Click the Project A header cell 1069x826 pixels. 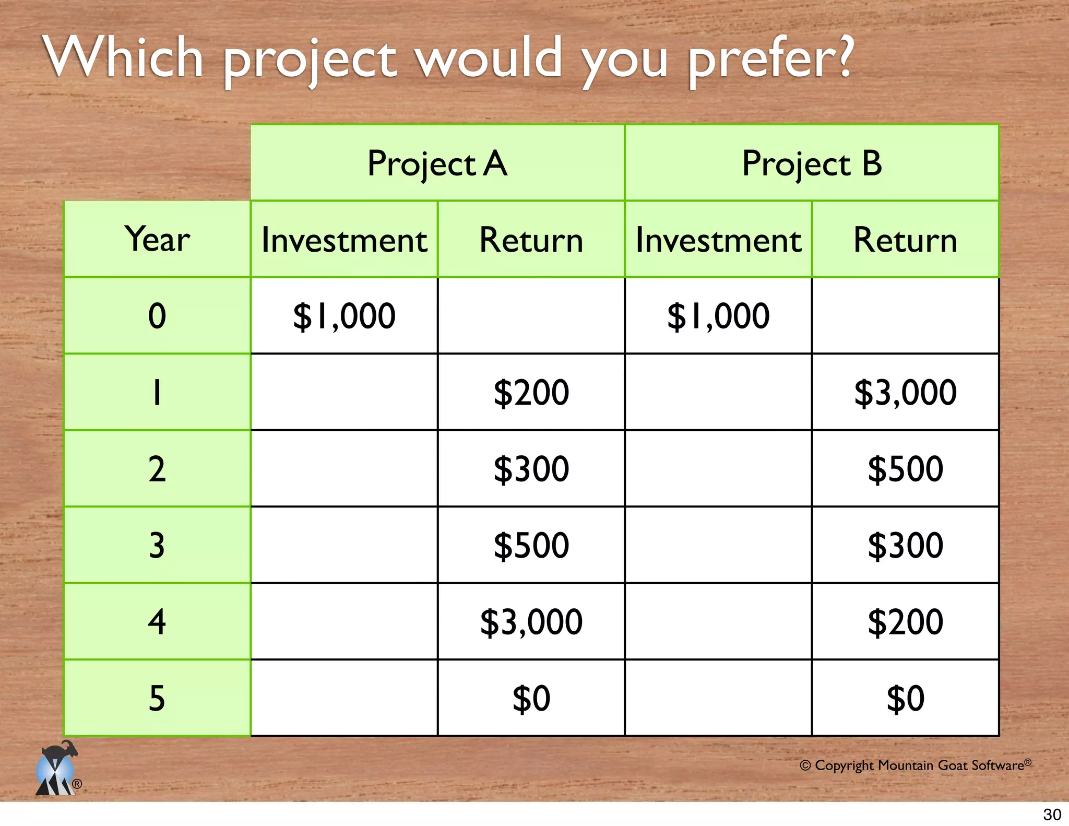click(x=437, y=163)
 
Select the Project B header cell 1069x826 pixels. click(x=812, y=163)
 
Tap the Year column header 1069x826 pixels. click(x=157, y=239)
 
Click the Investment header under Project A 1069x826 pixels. click(x=344, y=240)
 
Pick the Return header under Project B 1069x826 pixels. click(x=905, y=240)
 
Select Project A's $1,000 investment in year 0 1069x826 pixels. click(x=344, y=316)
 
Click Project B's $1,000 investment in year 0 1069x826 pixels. click(x=718, y=316)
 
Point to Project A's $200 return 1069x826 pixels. click(x=531, y=393)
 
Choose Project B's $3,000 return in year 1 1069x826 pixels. click(x=905, y=393)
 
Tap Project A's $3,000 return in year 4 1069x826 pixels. click(x=531, y=622)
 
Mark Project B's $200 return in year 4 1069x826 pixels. click(x=905, y=622)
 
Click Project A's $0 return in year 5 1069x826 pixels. click(x=531, y=699)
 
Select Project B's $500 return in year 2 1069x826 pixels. click(x=905, y=469)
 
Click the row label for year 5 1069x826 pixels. click(x=157, y=699)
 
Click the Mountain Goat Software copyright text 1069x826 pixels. click(x=915, y=765)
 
